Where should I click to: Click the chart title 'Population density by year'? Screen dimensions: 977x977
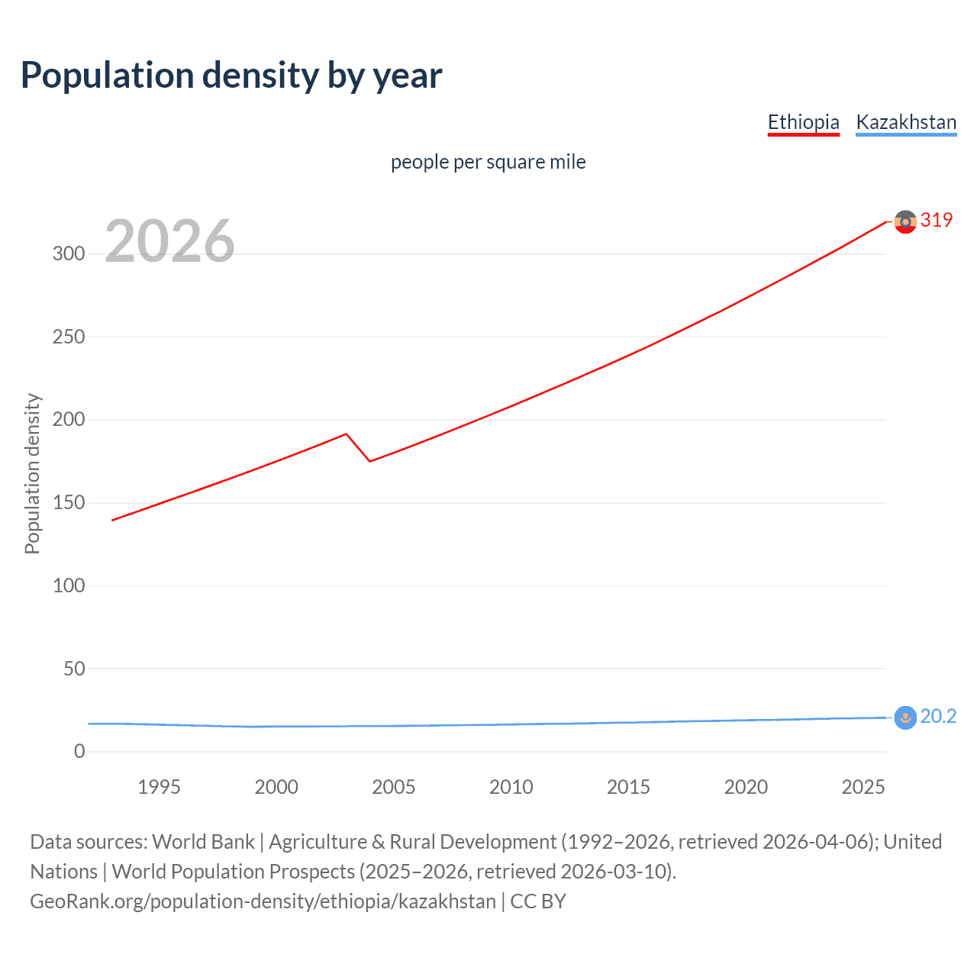(x=231, y=76)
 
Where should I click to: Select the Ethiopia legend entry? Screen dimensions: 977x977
(x=803, y=122)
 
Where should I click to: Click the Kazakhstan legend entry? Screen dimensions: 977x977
(x=906, y=122)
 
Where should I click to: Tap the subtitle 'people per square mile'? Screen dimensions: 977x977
(x=488, y=162)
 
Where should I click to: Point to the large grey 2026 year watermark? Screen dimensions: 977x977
(x=169, y=241)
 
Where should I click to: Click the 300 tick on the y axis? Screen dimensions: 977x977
(x=69, y=254)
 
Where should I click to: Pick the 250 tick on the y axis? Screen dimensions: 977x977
(x=69, y=337)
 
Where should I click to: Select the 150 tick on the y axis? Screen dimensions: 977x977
(x=69, y=503)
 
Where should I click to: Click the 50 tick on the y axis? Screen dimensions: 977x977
(x=74, y=669)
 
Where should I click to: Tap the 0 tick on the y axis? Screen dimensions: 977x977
(x=79, y=752)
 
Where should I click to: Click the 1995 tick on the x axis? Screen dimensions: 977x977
(x=159, y=787)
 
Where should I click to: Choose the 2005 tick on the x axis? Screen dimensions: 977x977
(x=393, y=787)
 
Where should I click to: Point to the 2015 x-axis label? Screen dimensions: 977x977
(x=628, y=787)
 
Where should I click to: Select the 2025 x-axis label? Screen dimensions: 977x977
(x=863, y=787)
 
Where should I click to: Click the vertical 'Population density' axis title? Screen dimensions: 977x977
(x=32, y=473)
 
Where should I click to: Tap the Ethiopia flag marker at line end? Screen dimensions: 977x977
(x=905, y=222)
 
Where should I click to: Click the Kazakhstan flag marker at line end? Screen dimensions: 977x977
(x=905, y=717)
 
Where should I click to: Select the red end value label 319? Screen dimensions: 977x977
(x=937, y=220)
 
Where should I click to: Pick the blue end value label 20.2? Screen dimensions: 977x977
(x=938, y=716)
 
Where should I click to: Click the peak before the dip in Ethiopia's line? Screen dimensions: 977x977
(x=347, y=434)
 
